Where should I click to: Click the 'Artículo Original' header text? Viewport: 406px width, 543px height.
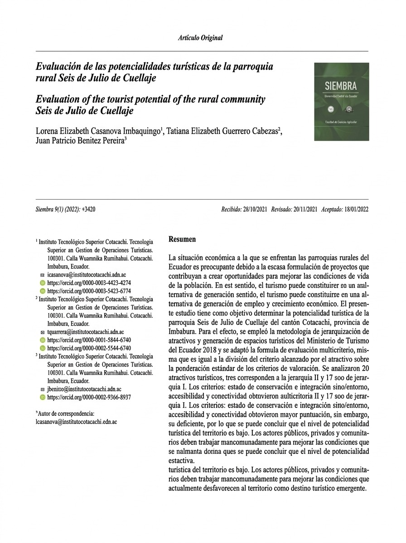pos(200,38)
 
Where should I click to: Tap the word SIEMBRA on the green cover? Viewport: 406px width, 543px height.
pos(341,86)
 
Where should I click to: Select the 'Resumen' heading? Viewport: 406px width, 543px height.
pos(182,238)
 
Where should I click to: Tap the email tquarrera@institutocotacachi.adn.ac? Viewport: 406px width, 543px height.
pos(86,332)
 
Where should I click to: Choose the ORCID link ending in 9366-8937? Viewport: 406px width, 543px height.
pos(89,397)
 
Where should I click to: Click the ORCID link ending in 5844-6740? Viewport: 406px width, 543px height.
pos(89,340)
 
